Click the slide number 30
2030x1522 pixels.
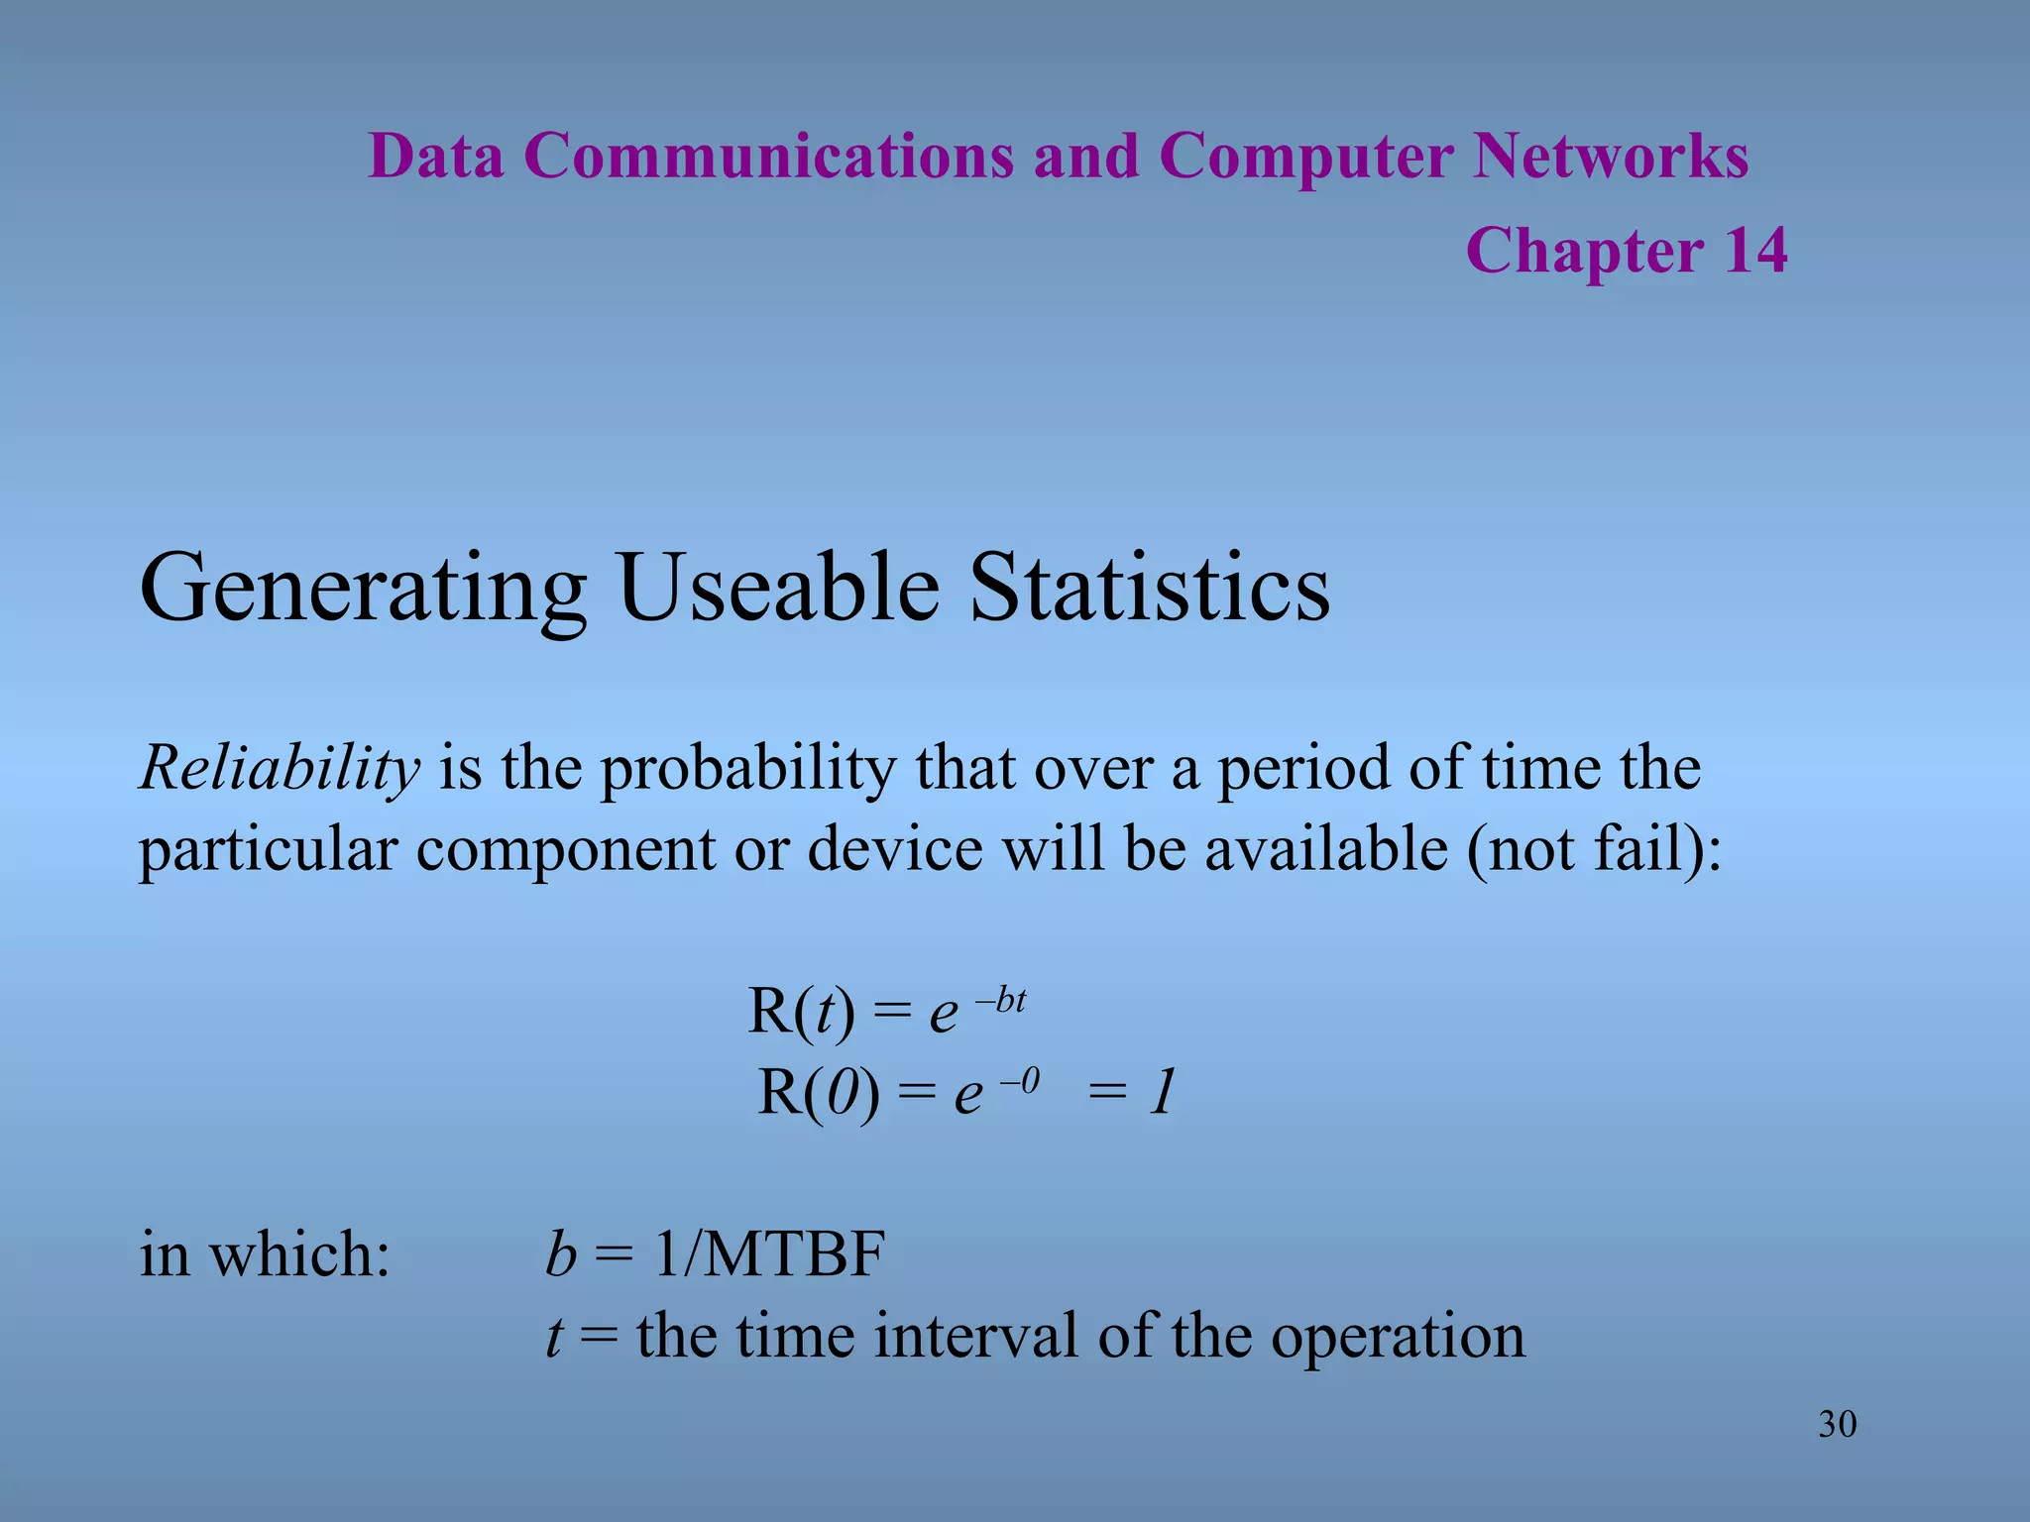coord(1837,1424)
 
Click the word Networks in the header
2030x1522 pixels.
coord(1610,157)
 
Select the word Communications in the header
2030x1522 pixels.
coord(769,157)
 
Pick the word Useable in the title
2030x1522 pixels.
coord(778,588)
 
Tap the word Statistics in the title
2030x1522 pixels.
coord(1150,588)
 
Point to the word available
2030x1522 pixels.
coord(1325,849)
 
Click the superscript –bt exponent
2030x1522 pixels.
coord(1001,1000)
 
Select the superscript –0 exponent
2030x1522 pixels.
coord(1019,1081)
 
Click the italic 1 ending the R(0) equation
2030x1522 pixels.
coord(1162,1093)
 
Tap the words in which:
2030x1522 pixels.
coord(265,1254)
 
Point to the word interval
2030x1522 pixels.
coord(975,1336)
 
